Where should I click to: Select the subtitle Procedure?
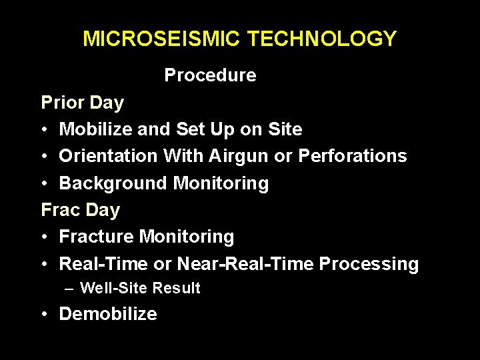(x=210, y=75)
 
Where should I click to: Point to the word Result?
(x=176, y=288)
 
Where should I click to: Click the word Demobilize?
(x=108, y=314)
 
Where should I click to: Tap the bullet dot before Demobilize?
(x=45, y=315)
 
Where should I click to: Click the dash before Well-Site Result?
(x=69, y=289)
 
